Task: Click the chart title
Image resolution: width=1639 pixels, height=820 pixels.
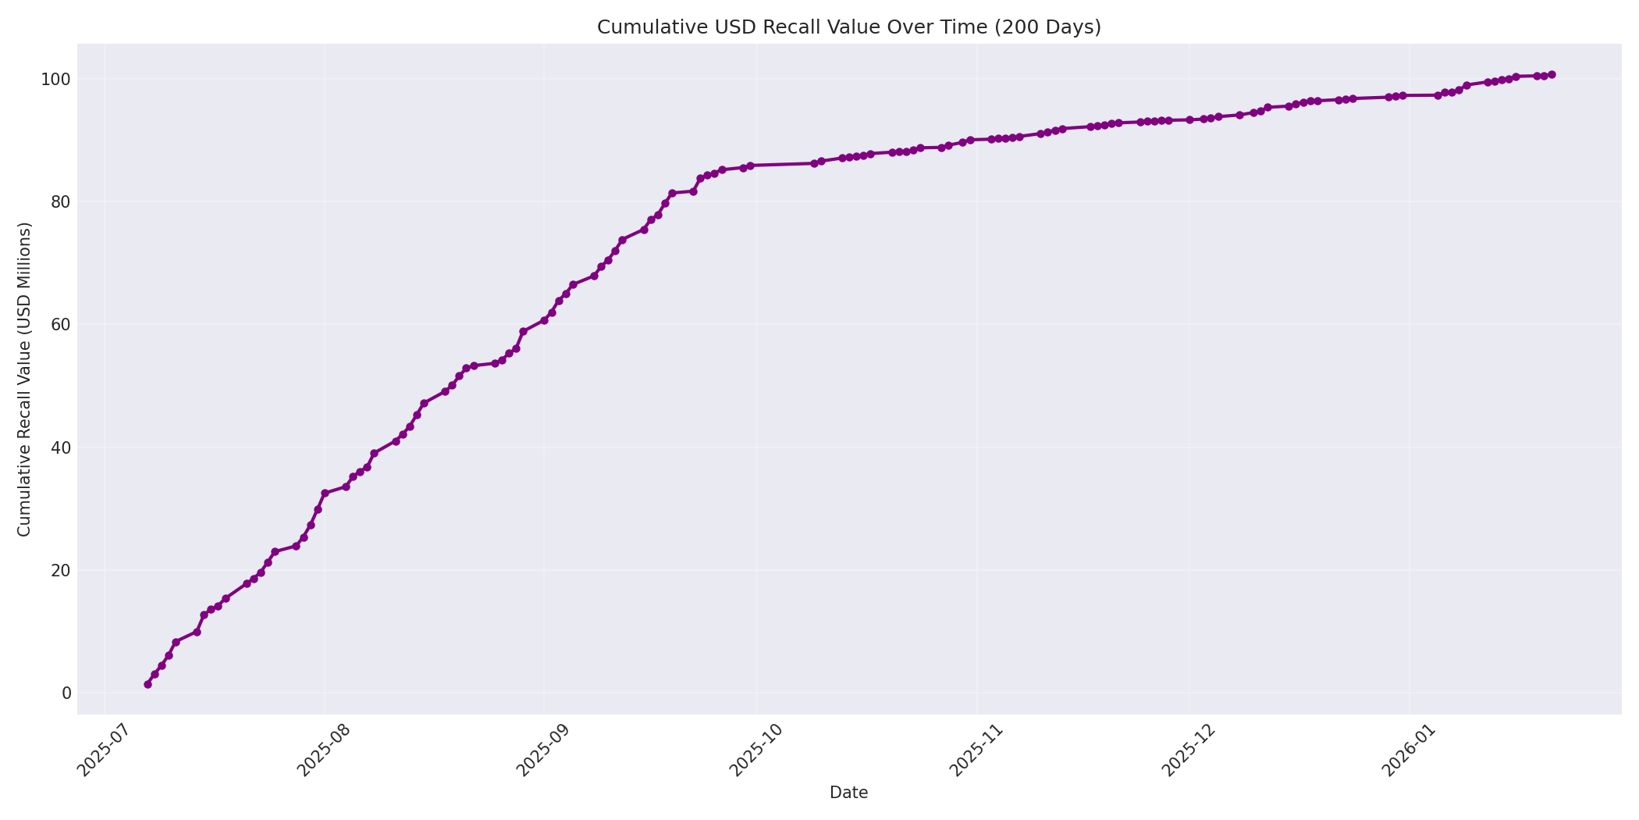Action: pos(848,27)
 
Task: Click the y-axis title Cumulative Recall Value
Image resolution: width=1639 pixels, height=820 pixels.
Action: pos(24,380)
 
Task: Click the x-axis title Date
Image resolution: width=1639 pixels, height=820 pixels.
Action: pos(848,793)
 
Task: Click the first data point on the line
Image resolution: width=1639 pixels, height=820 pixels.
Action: pos(148,684)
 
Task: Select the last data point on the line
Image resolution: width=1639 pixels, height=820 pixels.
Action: pos(1552,75)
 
